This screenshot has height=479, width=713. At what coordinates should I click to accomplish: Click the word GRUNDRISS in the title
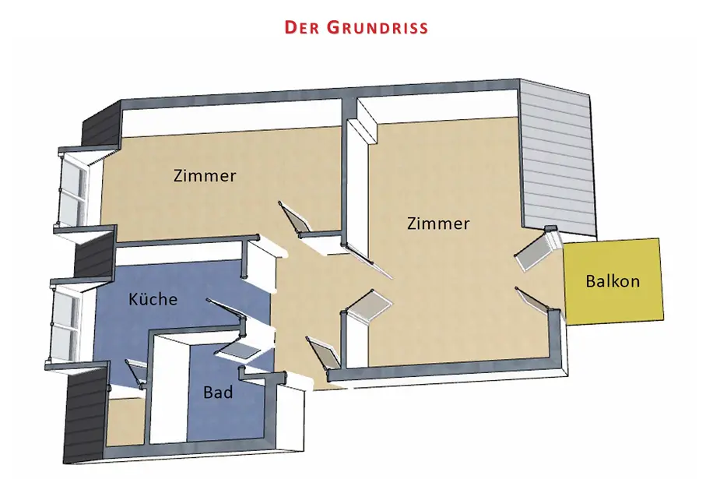pos(378,27)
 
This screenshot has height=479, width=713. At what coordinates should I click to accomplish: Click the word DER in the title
pos(302,27)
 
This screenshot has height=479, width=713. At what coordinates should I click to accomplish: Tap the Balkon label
pos(613,281)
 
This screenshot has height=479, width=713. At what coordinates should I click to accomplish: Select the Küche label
pos(153,299)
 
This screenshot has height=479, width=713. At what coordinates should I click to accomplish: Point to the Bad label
pos(218,392)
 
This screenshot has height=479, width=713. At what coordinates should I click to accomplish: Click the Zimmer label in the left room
pos(205,175)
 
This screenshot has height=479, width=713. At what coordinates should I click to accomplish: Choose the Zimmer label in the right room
pos(438,224)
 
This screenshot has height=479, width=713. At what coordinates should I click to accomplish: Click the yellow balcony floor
pos(613,281)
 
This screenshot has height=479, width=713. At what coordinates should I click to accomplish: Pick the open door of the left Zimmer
pos(295,217)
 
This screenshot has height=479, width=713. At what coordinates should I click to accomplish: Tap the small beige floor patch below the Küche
pos(125,421)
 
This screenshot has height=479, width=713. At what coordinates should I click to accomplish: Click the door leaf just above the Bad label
pos(240,351)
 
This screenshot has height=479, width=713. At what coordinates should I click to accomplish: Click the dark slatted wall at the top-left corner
pos(101,125)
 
